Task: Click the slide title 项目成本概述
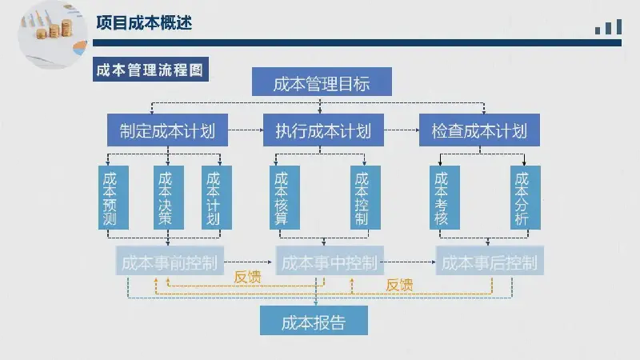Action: pos(144,23)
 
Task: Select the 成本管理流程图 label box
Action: pos(150,70)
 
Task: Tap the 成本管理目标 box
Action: pos(322,82)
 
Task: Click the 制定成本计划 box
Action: pos(167,130)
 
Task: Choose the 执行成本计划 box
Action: pos(323,130)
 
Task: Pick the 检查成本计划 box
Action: pos(479,130)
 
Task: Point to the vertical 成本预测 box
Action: pos(114,198)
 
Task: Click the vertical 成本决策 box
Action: pos(169,198)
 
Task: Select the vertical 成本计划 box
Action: pos(217,198)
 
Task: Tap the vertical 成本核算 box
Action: pos(285,198)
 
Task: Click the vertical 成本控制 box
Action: pos(366,198)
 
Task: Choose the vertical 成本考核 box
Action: pos(445,198)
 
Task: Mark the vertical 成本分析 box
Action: pos(526,198)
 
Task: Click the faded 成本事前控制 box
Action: pos(170,261)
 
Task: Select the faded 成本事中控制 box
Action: pos(330,261)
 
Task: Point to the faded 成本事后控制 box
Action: pos(490,261)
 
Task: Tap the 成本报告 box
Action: pos(314,321)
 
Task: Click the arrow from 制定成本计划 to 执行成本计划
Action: pos(246,130)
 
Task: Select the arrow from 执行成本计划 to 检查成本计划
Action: pos(402,130)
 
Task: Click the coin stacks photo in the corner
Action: pos(53,34)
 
